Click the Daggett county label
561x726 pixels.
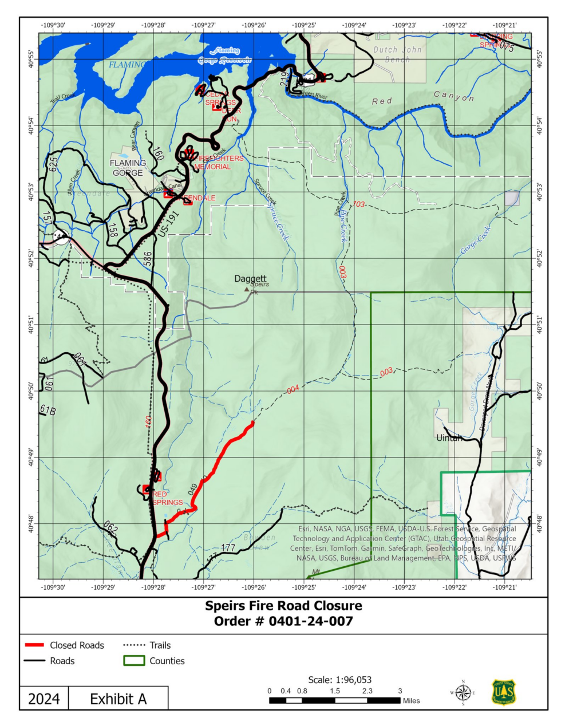click(x=250, y=279)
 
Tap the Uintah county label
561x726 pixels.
click(x=449, y=438)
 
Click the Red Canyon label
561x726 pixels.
click(x=423, y=98)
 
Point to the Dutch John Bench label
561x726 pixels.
click(x=397, y=54)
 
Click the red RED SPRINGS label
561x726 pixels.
click(x=167, y=498)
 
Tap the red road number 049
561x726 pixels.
click(x=193, y=488)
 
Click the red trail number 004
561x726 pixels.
click(x=293, y=389)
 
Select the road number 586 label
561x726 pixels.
click(x=148, y=259)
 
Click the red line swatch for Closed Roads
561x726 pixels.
click(x=34, y=645)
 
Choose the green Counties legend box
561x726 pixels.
click(x=134, y=661)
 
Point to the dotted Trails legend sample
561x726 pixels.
click(x=134, y=645)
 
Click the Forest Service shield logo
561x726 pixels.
click(x=504, y=692)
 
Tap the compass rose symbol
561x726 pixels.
click(x=463, y=693)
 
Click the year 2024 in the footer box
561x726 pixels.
click(x=44, y=699)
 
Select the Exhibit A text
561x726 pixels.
click(x=118, y=699)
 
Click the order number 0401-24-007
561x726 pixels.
click(x=311, y=621)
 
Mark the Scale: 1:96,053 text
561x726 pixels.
click(x=339, y=680)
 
